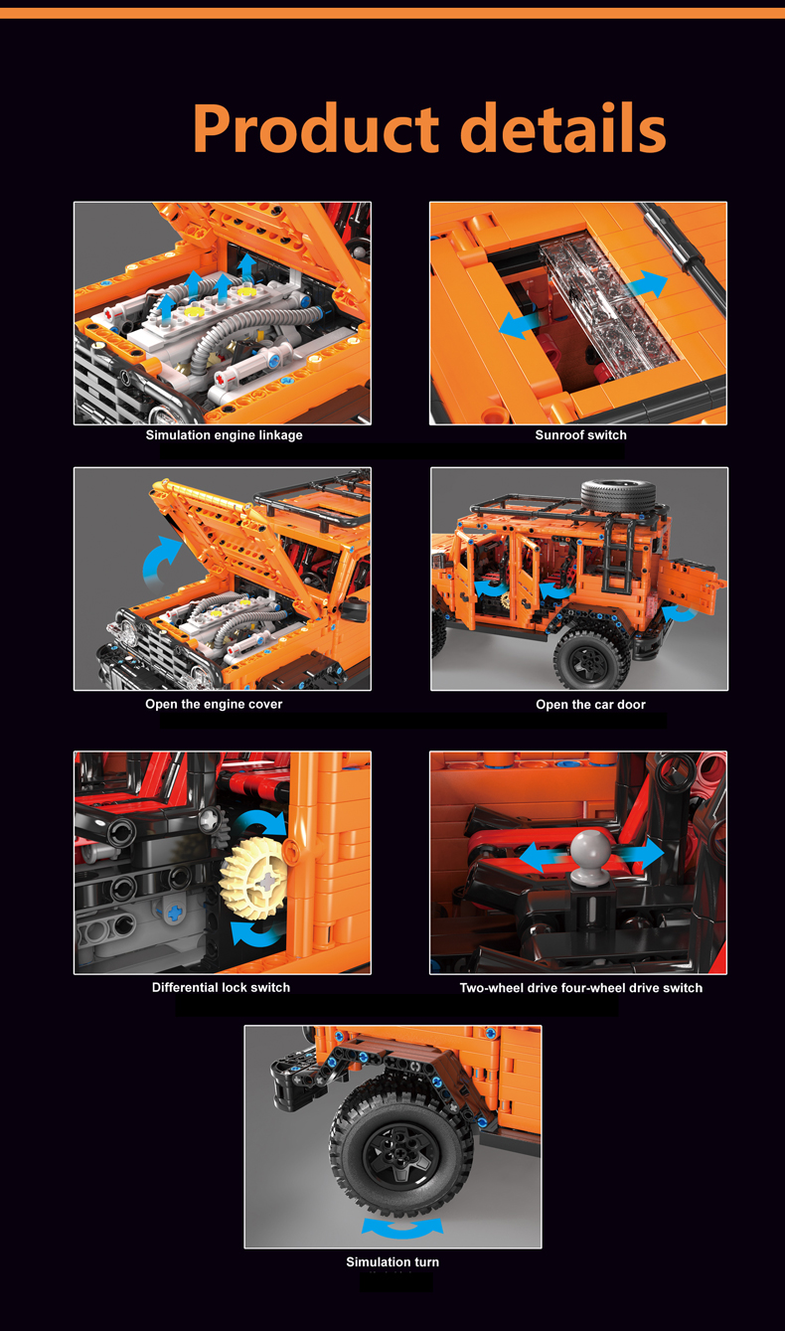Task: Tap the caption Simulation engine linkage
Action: click(224, 435)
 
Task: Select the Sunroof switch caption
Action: click(580, 435)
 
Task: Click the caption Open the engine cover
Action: click(214, 704)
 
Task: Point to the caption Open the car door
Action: click(590, 705)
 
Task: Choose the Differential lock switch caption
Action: click(221, 987)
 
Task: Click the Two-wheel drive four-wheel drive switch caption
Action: click(580, 988)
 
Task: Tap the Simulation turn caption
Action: click(392, 1262)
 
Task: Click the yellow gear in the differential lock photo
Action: click(254, 879)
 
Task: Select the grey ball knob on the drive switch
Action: click(591, 850)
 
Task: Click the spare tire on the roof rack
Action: click(618, 494)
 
